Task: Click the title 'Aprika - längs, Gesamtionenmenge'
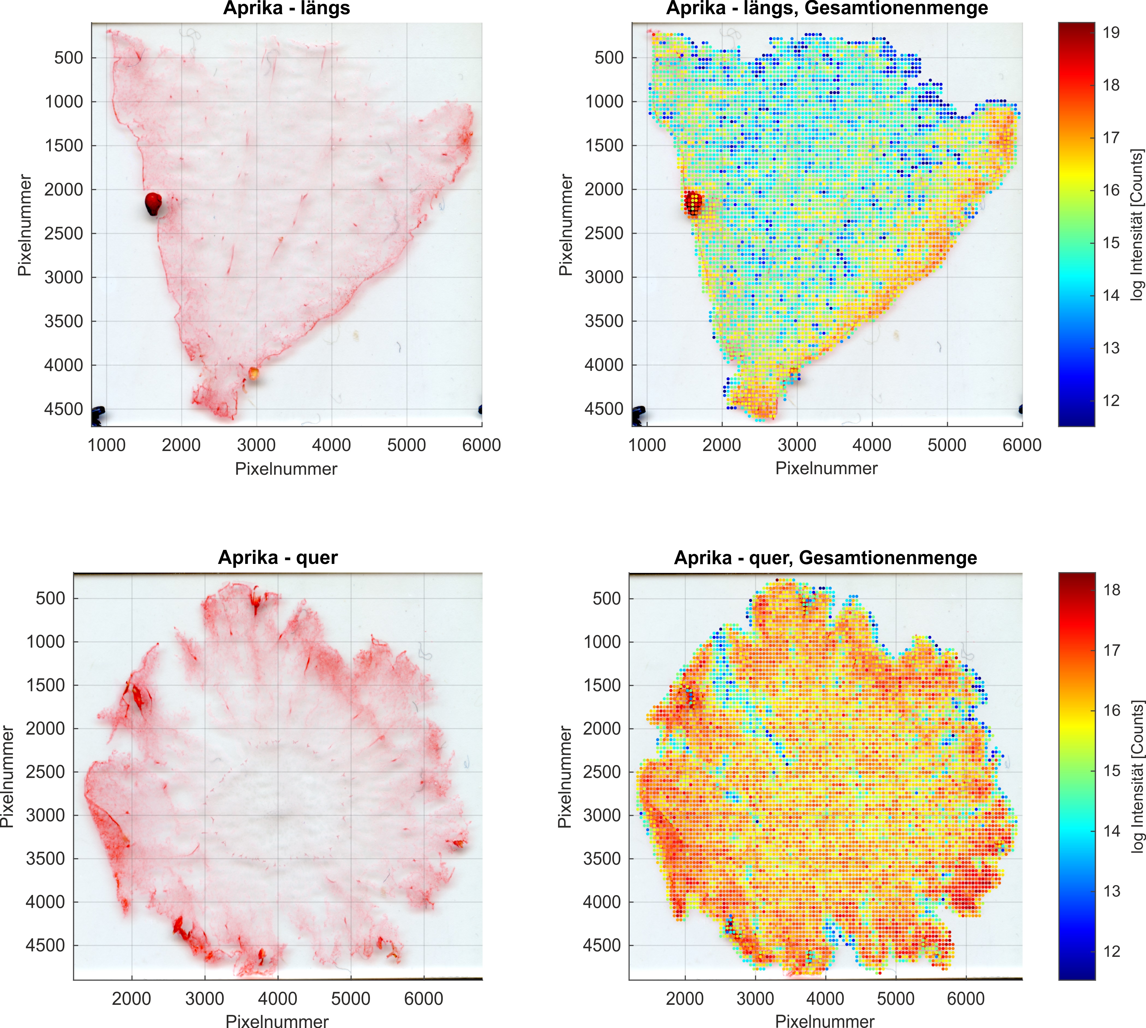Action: click(x=827, y=8)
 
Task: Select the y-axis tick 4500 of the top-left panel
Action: click(x=63, y=409)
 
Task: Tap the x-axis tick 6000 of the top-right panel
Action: click(x=1022, y=445)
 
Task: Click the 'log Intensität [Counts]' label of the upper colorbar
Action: click(x=1137, y=225)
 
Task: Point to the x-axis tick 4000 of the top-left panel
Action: click(x=331, y=445)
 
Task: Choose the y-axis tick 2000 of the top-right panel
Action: click(x=603, y=189)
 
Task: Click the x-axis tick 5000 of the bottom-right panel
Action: click(x=896, y=999)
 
